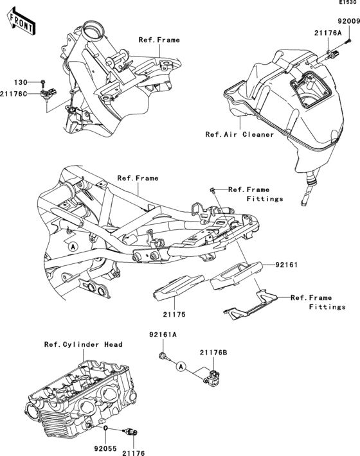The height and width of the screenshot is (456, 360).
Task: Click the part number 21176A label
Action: pos(328,31)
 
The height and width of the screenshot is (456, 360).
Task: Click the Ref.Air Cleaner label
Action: pos(239,135)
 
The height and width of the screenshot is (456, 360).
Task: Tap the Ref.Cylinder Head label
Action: pos(83,344)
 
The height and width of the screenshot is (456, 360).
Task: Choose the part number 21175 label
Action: pos(165,315)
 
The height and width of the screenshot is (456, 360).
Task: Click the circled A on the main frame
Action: pos(73,247)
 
